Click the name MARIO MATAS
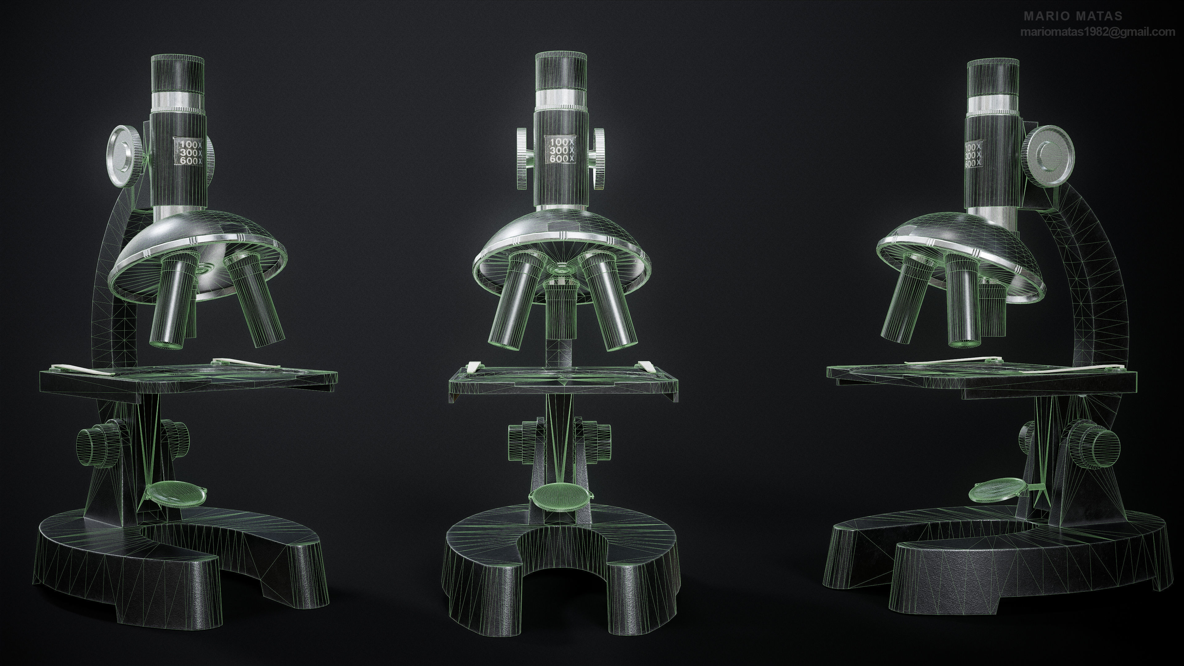click(1073, 16)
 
